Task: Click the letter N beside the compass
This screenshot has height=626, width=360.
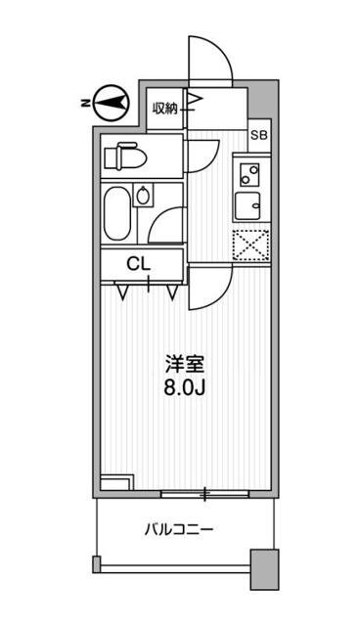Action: tap(86, 101)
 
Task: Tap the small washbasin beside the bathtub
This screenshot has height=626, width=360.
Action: tap(145, 195)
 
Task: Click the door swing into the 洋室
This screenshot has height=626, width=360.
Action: tap(209, 286)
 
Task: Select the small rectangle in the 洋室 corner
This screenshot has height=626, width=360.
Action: tap(115, 480)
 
